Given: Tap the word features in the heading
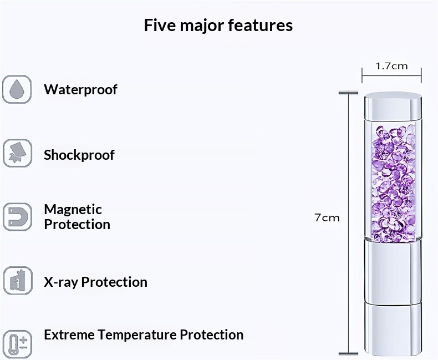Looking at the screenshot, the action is (x=261, y=25).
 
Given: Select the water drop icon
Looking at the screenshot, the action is (x=17, y=89).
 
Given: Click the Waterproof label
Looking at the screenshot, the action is (x=80, y=90).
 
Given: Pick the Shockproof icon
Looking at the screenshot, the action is (x=17, y=153).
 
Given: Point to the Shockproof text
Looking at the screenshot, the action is (x=79, y=155).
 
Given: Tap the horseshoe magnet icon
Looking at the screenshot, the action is (x=17, y=217).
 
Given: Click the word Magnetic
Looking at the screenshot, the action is (x=73, y=210).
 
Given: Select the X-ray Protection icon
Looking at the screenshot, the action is (x=18, y=280).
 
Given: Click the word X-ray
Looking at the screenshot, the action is (x=60, y=282).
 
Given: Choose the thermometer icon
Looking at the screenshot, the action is (x=18, y=344).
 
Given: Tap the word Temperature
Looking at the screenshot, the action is (x=137, y=335).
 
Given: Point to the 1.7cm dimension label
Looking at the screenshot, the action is (x=391, y=66).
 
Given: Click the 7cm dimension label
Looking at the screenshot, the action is (x=327, y=217).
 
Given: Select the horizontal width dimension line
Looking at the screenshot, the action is (x=391, y=75).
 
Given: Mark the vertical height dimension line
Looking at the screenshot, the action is (x=348, y=223).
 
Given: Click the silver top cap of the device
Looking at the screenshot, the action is (x=393, y=106).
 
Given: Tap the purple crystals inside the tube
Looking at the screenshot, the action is (x=394, y=184).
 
